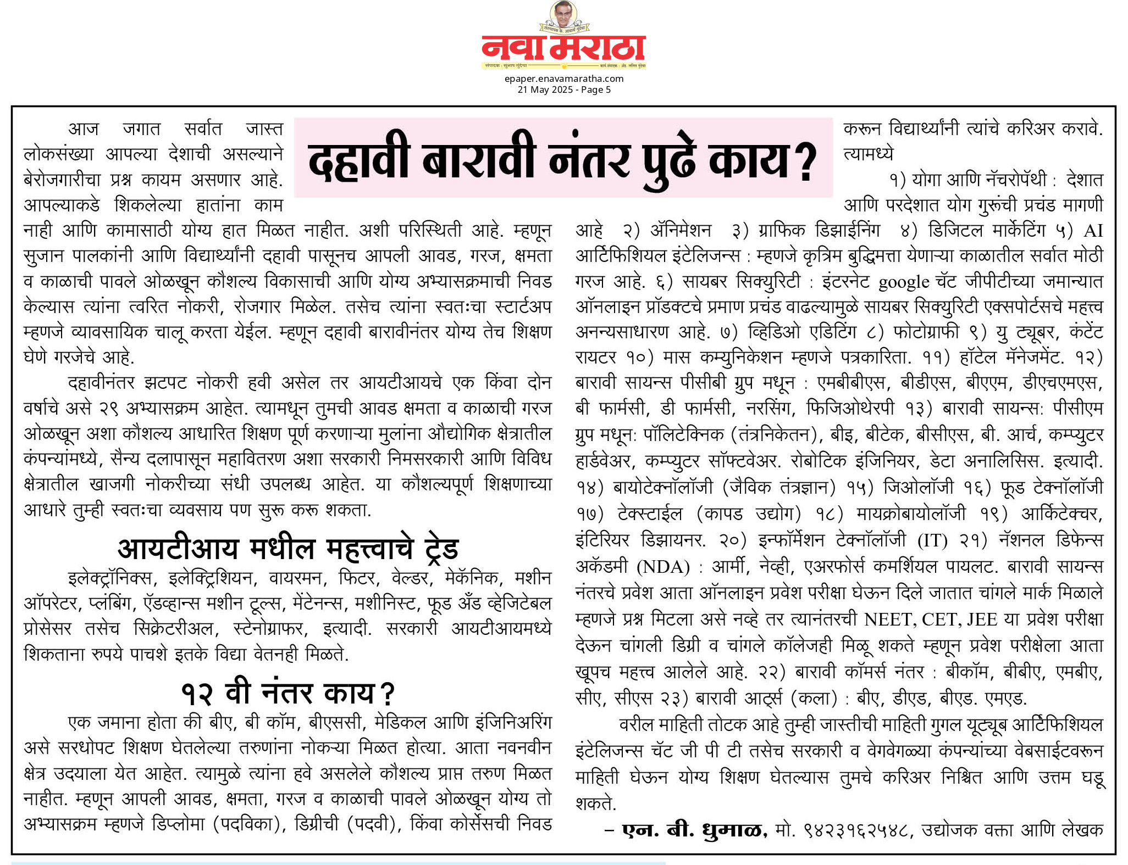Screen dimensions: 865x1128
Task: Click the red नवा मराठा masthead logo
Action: click(x=563, y=49)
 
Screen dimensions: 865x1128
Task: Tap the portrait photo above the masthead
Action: click(x=563, y=15)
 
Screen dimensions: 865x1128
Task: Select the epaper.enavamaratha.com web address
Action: click(x=563, y=79)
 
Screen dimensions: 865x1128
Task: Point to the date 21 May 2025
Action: click(x=545, y=90)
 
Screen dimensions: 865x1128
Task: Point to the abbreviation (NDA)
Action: click(x=663, y=567)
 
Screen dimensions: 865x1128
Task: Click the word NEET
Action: click(x=886, y=620)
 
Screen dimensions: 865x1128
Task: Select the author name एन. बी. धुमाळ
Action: click(x=694, y=830)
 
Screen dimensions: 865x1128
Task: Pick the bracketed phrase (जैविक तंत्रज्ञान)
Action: click(x=782, y=487)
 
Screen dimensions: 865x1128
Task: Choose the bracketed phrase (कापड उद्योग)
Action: click(x=748, y=514)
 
